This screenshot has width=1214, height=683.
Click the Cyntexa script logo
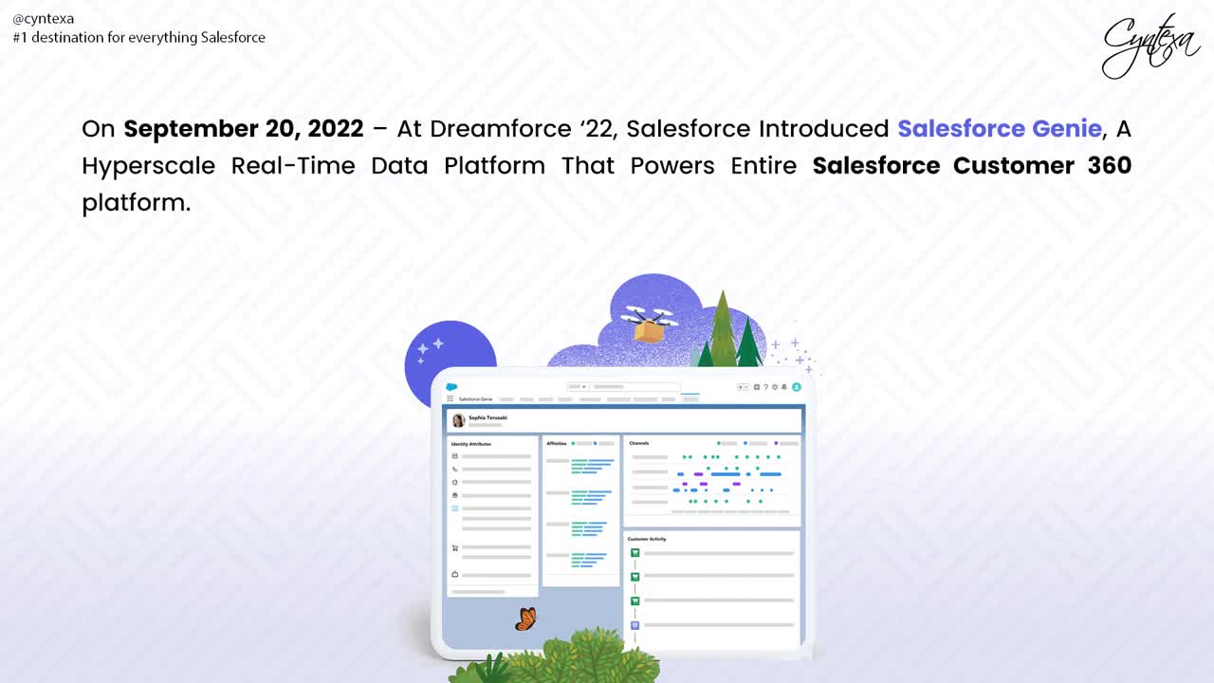[1150, 45]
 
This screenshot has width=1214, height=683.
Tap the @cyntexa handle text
[44, 18]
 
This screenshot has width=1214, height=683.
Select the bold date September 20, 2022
[244, 129]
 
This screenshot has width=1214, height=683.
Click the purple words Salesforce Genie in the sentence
[1000, 129]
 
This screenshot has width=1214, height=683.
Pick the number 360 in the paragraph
[1109, 166]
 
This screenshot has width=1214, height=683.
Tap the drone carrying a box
[649, 323]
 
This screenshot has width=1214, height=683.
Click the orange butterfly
[525, 619]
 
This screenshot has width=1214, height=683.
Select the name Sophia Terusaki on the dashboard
[487, 417]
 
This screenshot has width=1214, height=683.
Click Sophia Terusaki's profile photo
[458, 420]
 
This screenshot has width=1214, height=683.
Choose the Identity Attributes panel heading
[471, 444]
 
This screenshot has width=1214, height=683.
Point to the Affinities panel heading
[557, 443]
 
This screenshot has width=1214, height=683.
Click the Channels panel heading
[639, 443]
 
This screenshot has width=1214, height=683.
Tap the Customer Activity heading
[647, 539]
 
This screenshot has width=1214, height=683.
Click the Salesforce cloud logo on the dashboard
[451, 387]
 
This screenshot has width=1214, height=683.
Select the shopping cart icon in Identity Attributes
[455, 547]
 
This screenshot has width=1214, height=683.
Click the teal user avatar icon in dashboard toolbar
[797, 387]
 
